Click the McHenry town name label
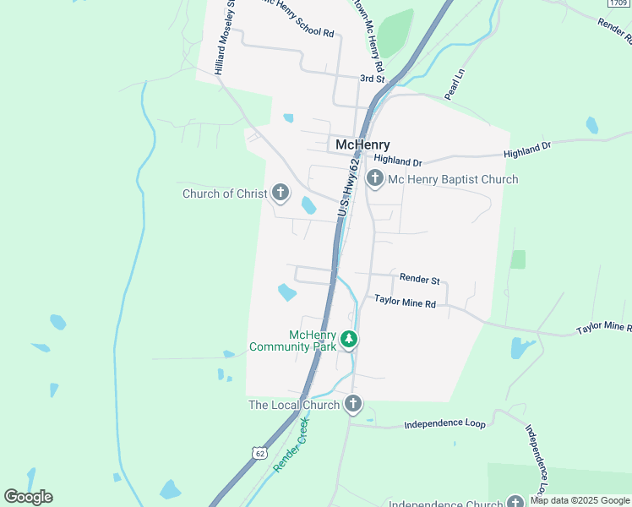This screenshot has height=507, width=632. click(x=362, y=144)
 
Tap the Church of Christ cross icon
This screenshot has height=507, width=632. click(x=280, y=194)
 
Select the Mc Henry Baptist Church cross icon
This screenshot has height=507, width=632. click(x=375, y=179)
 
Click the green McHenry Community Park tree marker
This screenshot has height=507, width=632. click(x=349, y=340)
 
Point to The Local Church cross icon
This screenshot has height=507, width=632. click(x=353, y=404)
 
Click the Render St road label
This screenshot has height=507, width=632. click(x=420, y=279)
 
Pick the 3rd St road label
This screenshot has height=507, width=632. click(x=372, y=79)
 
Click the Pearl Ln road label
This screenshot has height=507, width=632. click(x=455, y=85)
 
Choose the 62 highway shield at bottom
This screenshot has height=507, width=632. click(x=259, y=453)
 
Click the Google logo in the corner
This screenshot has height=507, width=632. click(x=28, y=497)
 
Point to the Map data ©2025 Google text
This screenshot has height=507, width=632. click(x=580, y=500)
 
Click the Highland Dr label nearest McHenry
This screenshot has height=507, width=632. click(x=397, y=161)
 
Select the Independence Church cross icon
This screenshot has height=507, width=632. click(x=515, y=502)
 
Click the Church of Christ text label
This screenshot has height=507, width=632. click(x=225, y=194)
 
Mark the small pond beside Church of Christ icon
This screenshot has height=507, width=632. click(x=308, y=204)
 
